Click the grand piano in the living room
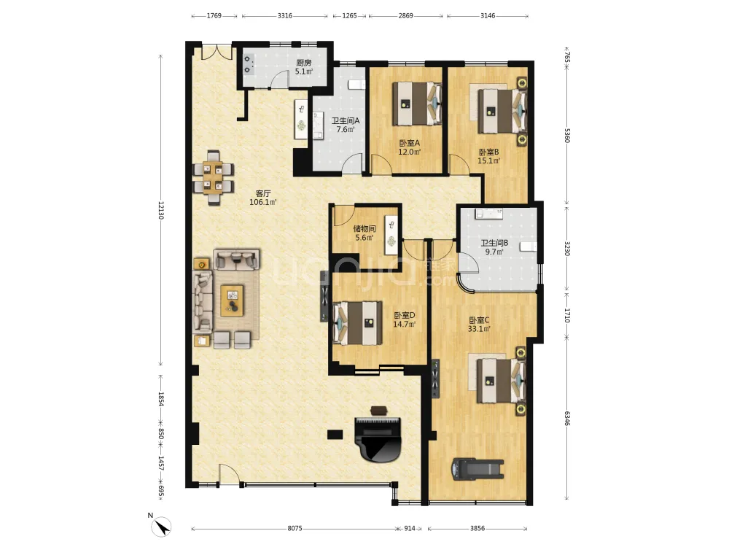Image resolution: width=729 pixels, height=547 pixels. (x=377, y=439)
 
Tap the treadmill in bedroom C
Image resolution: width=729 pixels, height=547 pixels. (x=478, y=469)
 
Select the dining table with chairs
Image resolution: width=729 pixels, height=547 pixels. (x=214, y=178)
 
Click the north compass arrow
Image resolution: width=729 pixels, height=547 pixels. (x=163, y=527)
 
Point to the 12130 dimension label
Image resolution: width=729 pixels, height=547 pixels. (x=160, y=210)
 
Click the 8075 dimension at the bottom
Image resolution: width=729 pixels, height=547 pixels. (x=295, y=528)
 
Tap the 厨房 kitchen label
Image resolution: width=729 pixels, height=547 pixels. (x=304, y=63)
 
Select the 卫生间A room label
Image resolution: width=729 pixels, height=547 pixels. (x=346, y=120)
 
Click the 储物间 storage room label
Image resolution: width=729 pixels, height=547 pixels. (x=364, y=228)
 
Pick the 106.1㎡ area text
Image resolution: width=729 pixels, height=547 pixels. (x=263, y=202)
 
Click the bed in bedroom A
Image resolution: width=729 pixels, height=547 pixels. (x=416, y=104)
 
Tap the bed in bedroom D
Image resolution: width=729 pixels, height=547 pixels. (x=358, y=323)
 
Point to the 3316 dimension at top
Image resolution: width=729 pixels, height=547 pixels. (x=285, y=16)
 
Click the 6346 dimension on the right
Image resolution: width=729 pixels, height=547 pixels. (x=567, y=418)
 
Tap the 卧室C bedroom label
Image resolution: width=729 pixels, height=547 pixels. (x=479, y=320)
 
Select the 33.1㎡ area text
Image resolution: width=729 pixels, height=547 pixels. (x=479, y=329)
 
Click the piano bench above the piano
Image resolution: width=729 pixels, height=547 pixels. (x=378, y=410)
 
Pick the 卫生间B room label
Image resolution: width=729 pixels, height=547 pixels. (x=494, y=243)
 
